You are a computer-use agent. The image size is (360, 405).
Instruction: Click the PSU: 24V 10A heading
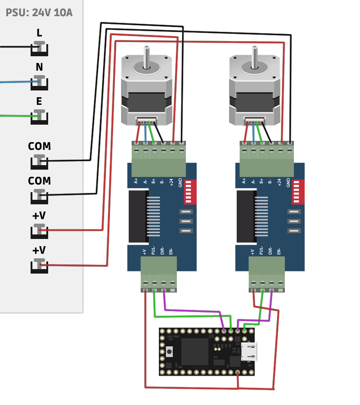click(39, 13)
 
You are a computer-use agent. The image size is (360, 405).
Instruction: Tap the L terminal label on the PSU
click(39, 33)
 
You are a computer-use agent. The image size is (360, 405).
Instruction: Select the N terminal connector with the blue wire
click(39, 83)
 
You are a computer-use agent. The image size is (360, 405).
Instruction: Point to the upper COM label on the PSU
click(39, 146)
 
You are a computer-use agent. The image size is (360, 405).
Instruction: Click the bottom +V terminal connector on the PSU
click(39, 266)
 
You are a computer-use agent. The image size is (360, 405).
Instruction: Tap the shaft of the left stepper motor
click(147, 56)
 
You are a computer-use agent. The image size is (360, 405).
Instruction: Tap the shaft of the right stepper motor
click(255, 56)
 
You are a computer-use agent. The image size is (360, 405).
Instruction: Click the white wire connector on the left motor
click(147, 121)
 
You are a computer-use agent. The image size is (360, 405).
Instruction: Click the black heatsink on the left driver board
click(138, 216)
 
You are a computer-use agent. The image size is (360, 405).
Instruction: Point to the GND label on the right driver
click(288, 182)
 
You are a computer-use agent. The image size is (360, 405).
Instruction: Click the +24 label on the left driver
click(171, 182)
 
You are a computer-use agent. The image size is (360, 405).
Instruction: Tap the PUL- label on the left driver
click(153, 250)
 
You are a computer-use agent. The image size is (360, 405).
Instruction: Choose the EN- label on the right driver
click(279, 251)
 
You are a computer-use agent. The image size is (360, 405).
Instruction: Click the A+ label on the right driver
click(244, 181)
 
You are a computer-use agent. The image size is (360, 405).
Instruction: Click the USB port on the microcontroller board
click(249, 351)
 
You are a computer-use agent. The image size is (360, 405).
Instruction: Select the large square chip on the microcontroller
click(194, 351)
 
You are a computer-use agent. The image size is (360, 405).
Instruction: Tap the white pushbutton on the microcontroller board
click(169, 351)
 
